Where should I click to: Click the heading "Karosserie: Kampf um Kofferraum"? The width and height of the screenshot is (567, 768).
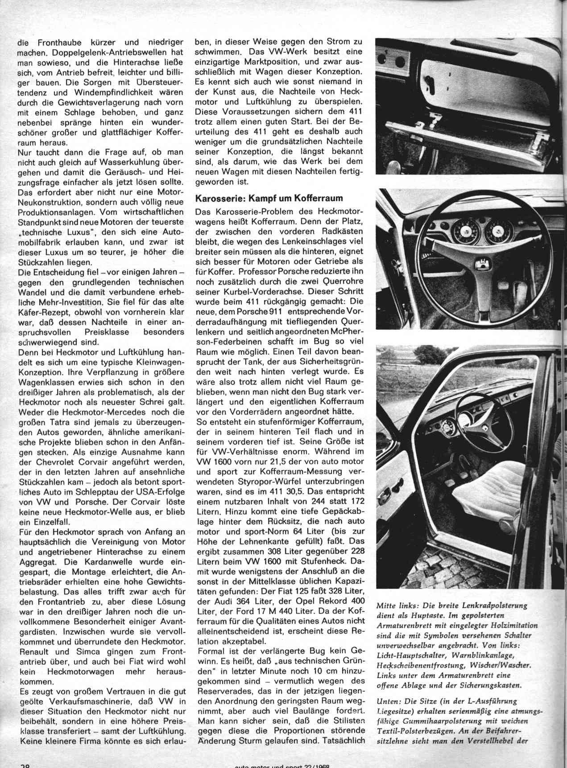point(269,198)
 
